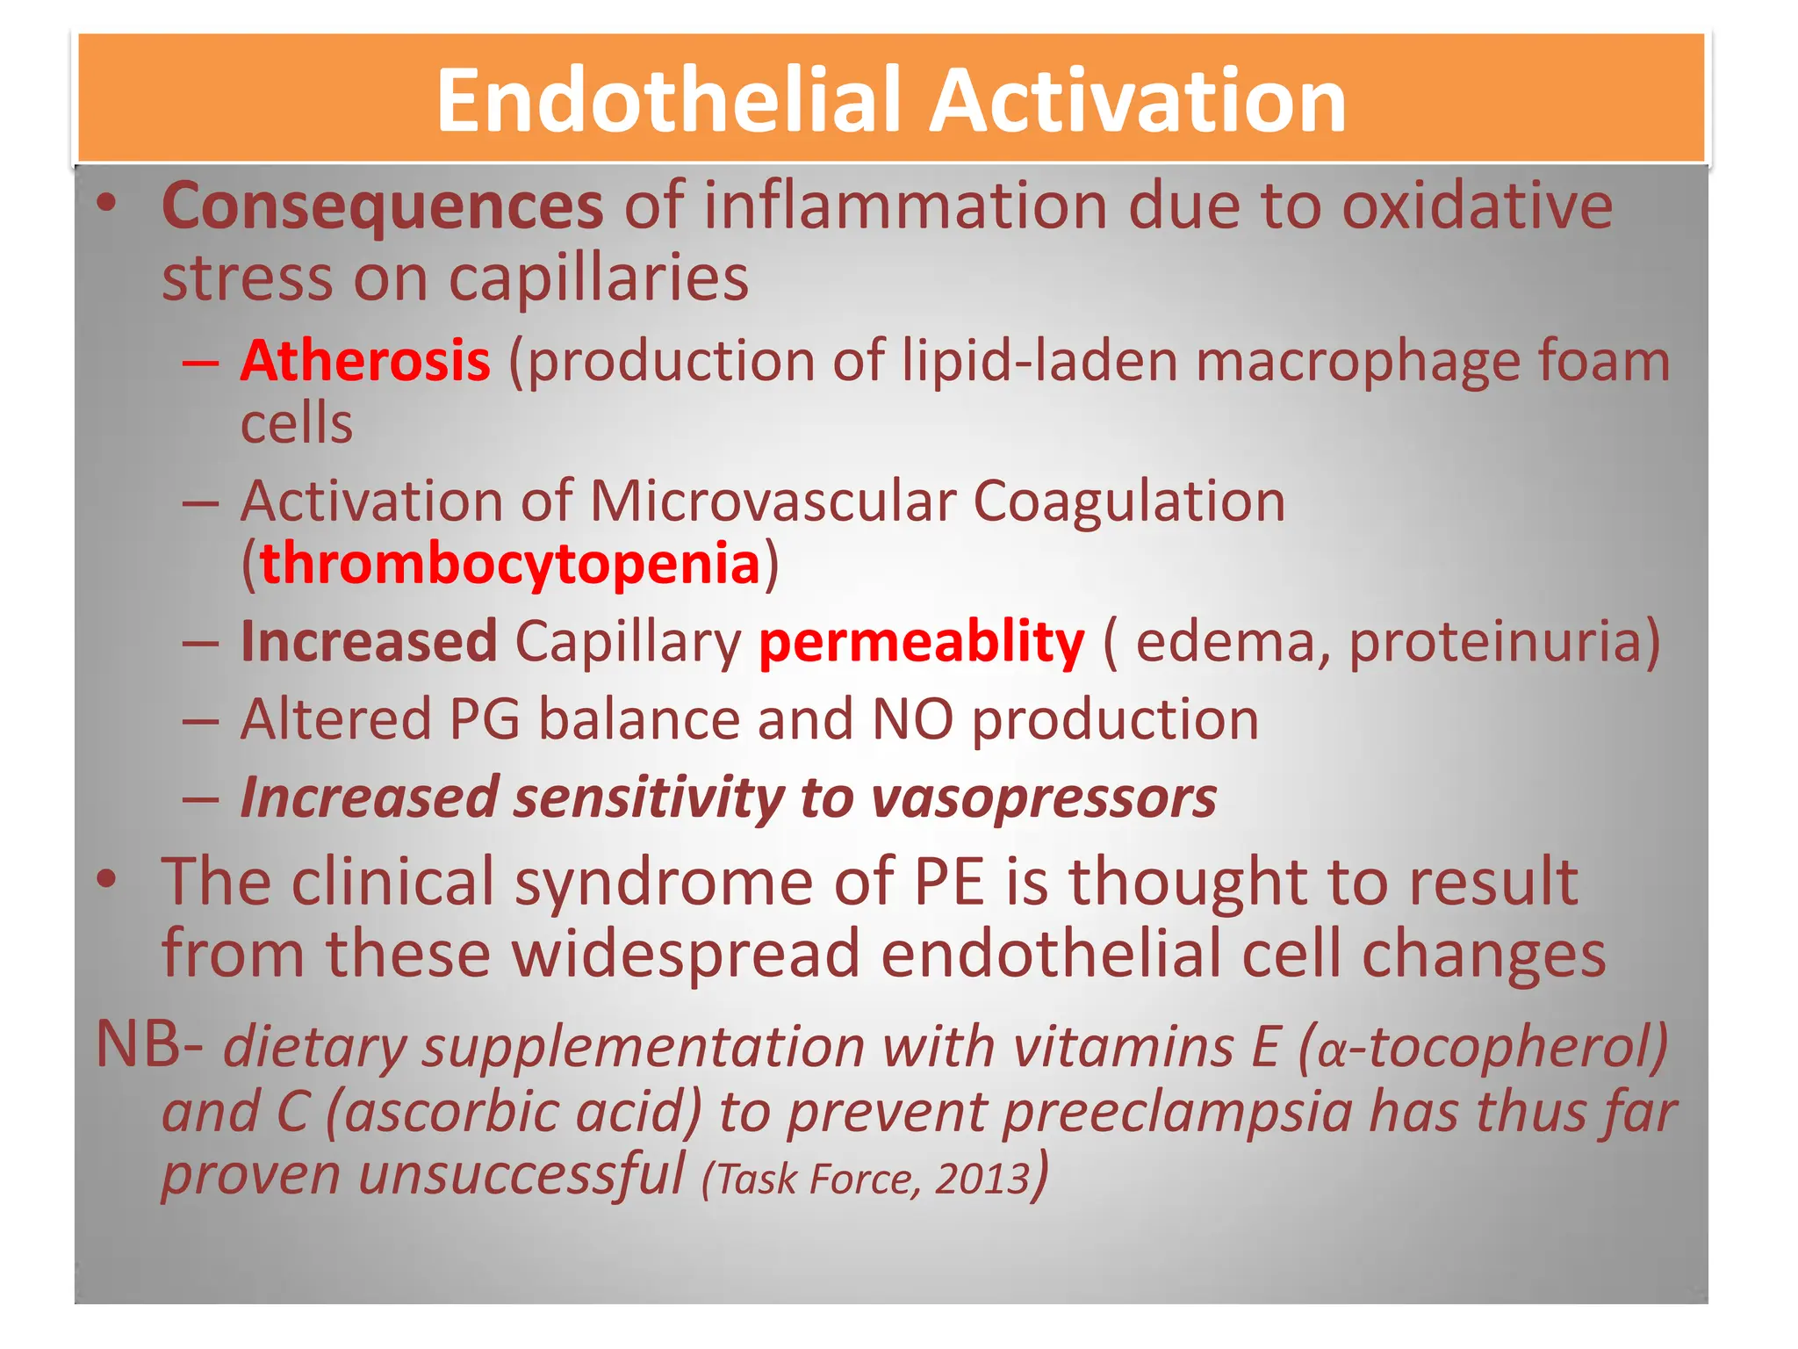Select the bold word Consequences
click(x=383, y=206)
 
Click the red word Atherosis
click(x=365, y=361)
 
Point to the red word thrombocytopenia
click(x=510, y=564)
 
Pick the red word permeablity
click(x=922, y=642)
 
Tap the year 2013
click(x=982, y=1179)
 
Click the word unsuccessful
click(x=521, y=1175)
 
